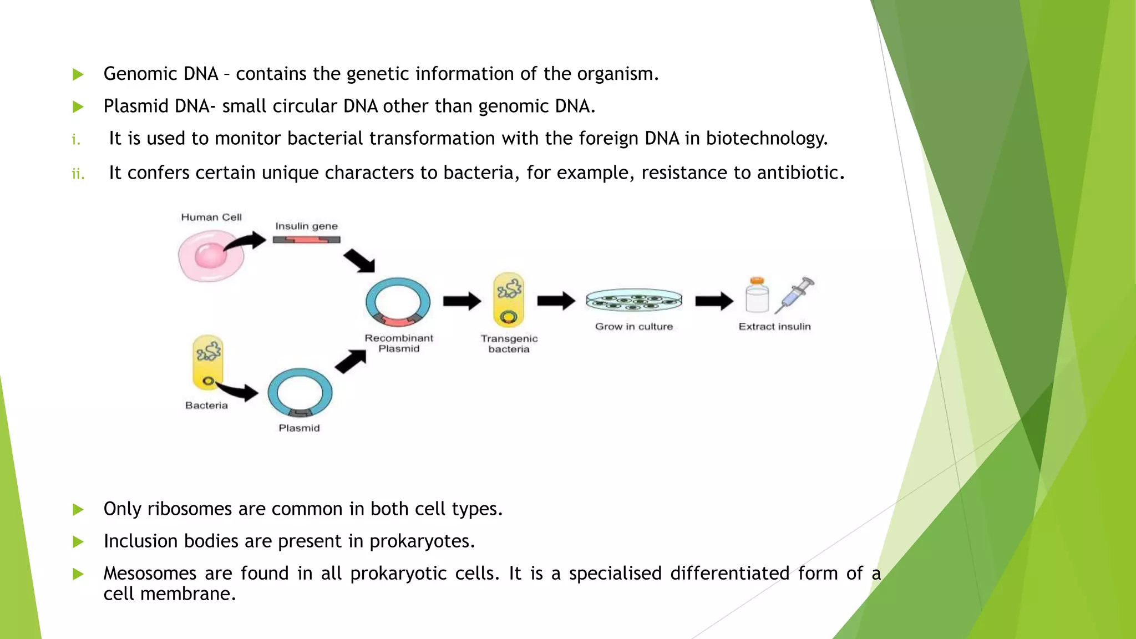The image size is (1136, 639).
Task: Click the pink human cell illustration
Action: (211, 256)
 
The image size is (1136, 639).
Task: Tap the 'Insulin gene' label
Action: (306, 226)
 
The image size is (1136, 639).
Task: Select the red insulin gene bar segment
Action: (306, 240)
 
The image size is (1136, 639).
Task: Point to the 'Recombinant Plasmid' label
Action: (399, 343)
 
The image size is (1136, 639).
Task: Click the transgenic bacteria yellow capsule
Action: (509, 300)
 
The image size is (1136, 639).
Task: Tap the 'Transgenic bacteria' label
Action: (509, 344)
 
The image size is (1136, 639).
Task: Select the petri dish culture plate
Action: (634, 300)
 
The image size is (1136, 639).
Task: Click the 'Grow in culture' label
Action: (634, 327)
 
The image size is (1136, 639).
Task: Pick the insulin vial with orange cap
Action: (757, 296)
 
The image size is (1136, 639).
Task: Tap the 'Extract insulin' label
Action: (774, 327)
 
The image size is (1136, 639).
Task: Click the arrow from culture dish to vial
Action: (714, 301)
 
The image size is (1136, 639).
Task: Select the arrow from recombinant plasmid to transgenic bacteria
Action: (461, 301)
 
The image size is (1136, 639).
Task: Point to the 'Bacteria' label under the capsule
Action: (206, 405)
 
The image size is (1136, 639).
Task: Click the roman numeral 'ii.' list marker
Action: (78, 174)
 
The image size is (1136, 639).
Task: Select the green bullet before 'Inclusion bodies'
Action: (78, 541)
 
